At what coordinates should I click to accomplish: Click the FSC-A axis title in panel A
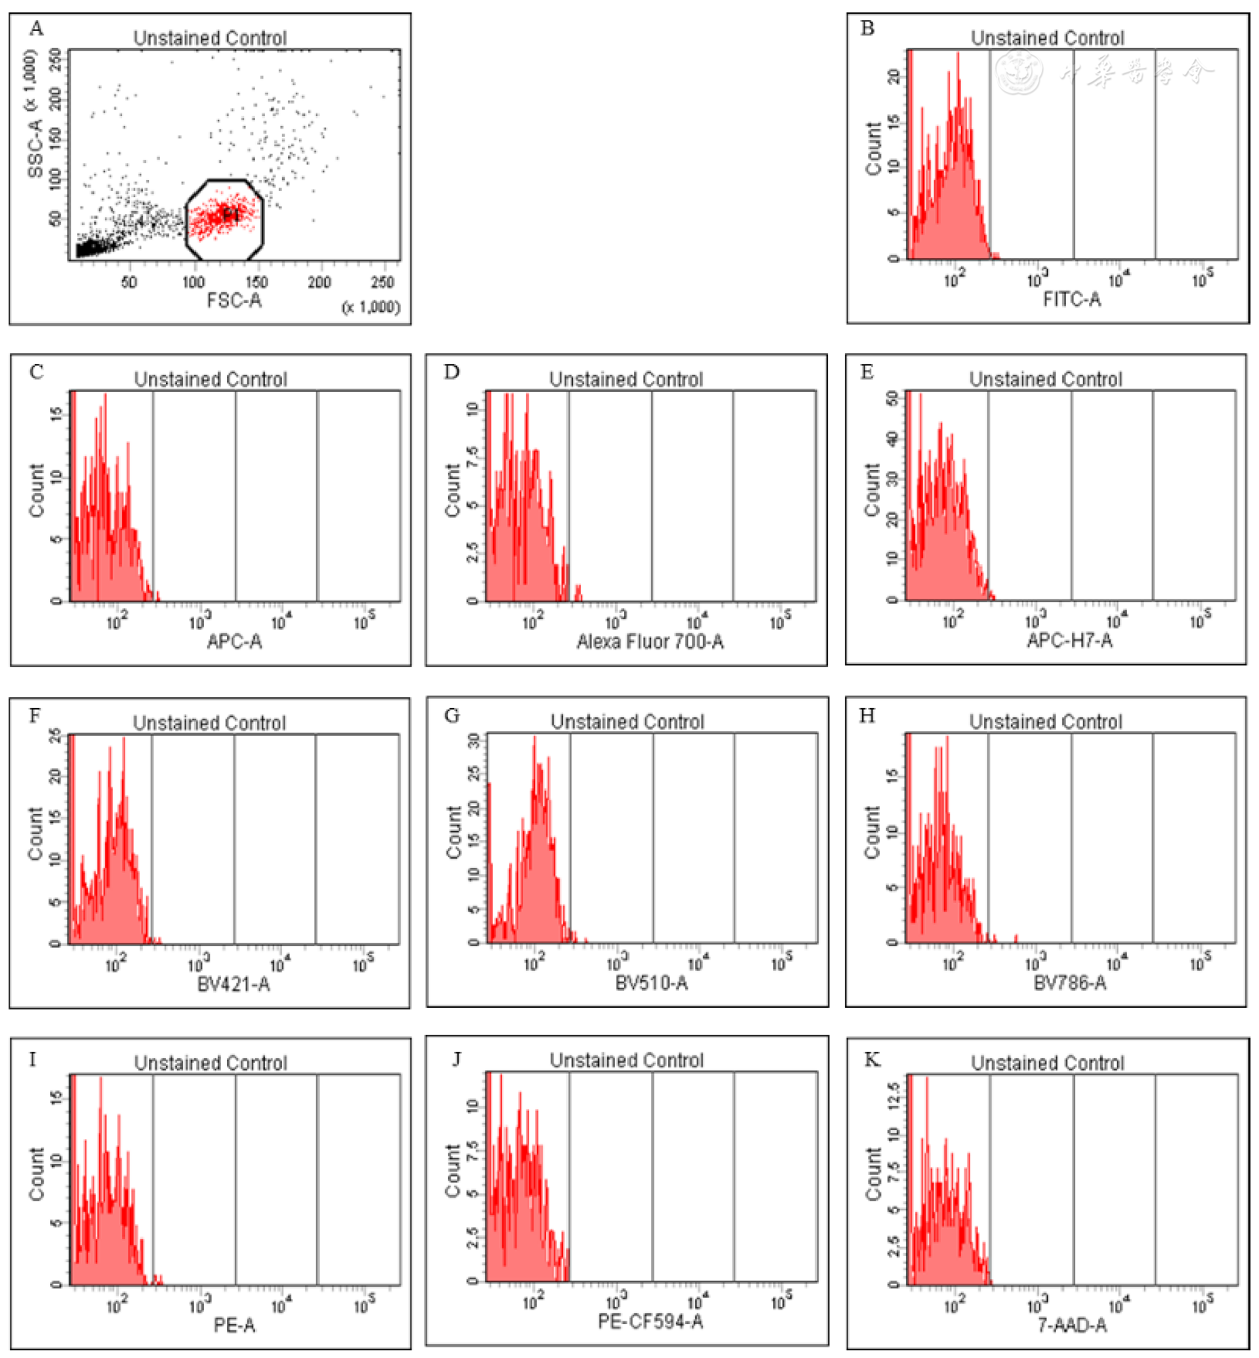tap(234, 300)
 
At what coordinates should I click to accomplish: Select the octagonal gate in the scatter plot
tap(225, 220)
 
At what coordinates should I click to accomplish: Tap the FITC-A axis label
tap(1071, 299)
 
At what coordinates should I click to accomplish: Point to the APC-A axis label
tap(234, 641)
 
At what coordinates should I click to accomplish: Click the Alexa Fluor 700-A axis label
tap(650, 641)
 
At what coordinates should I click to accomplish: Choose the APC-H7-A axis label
tap(1069, 640)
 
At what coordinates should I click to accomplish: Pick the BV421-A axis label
tap(233, 984)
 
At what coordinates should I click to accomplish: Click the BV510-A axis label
tap(651, 982)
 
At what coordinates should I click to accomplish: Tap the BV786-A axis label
tap(1070, 982)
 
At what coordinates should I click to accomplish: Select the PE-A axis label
tap(234, 1326)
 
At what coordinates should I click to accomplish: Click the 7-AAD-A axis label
tap(1071, 1326)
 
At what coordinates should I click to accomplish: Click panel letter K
tap(871, 1059)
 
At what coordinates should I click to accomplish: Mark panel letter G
tap(452, 716)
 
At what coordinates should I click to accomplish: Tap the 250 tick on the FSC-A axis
tap(382, 282)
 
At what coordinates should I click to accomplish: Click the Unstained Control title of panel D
tap(626, 379)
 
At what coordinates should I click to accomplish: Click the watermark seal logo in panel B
tap(1019, 73)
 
